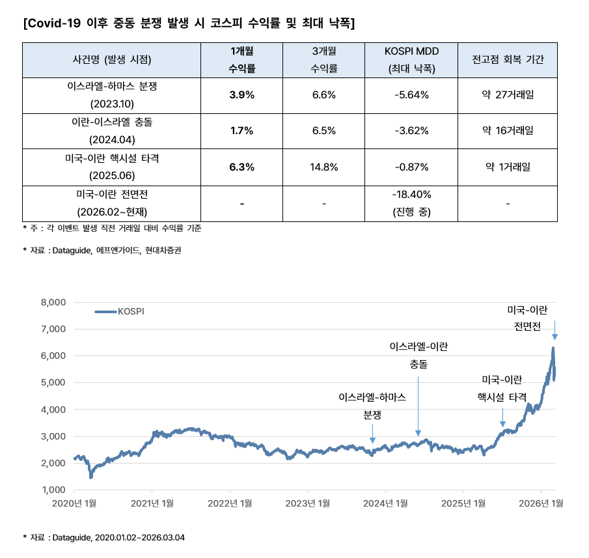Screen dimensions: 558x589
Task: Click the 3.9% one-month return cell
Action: tap(241, 95)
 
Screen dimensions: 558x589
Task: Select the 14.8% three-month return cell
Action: tap(323, 167)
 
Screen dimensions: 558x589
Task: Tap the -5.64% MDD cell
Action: tap(411, 95)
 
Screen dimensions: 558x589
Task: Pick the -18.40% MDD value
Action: tap(411, 194)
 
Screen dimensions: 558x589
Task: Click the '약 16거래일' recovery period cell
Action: tap(508, 131)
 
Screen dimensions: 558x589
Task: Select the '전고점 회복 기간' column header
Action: tap(508, 59)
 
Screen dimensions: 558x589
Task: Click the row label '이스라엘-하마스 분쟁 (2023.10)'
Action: tap(112, 95)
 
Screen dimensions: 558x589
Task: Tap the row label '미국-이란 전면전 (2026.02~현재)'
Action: tap(112, 203)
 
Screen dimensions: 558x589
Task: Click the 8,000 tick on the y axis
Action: tap(53, 302)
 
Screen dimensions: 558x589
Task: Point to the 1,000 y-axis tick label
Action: tap(53, 490)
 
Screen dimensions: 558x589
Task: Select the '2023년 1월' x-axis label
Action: tap(308, 503)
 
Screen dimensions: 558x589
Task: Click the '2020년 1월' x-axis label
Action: tap(74, 503)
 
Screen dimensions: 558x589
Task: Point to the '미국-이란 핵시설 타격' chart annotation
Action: tap(502, 388)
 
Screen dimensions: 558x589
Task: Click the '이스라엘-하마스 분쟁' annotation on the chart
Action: tap(372, 405)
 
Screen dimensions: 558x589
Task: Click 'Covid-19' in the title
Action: tap(53, 24)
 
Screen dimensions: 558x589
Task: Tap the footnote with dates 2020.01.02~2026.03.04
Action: tap(104, 537)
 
